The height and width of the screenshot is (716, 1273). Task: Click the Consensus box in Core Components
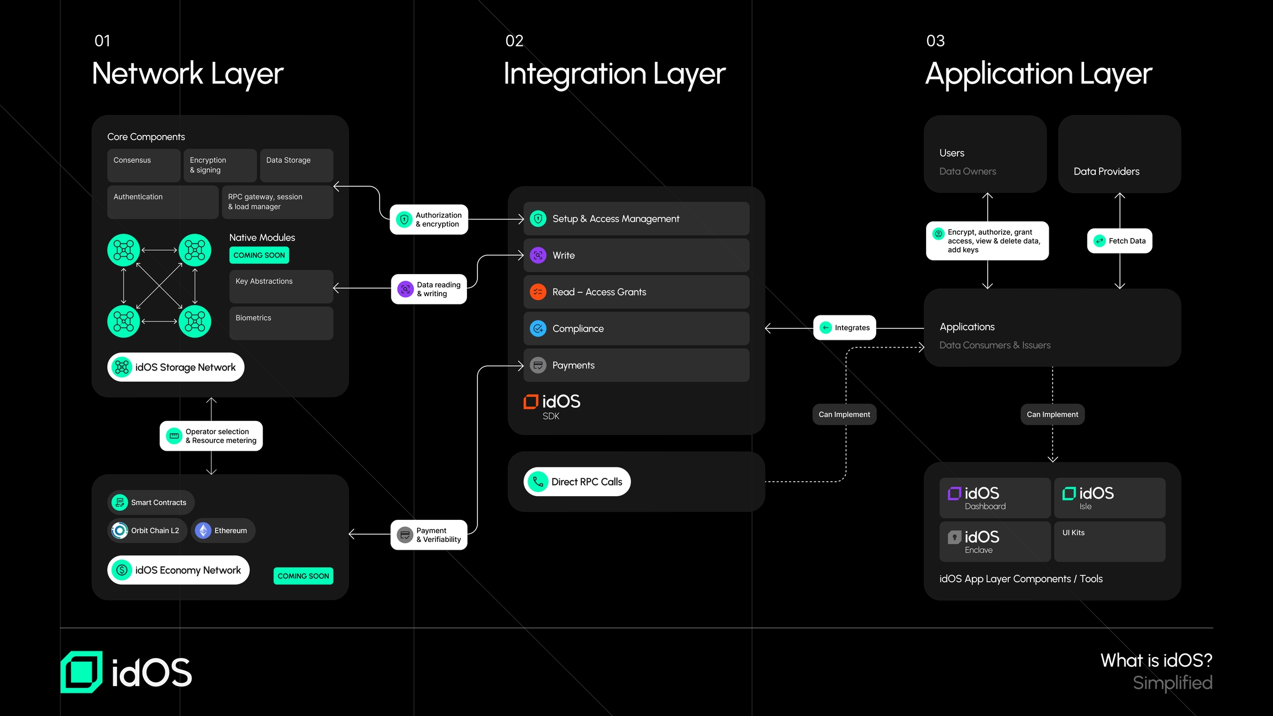(x=144, y=165)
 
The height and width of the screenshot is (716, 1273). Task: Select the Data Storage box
(x=296, y=165)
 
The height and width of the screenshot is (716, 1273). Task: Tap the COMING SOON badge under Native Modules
(x=259, y=255)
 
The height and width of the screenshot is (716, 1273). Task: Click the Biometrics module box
(x=281, y=323)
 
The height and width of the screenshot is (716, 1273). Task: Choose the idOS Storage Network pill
(x=176, y=367)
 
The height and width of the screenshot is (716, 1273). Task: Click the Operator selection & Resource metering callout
(x=211, y=436)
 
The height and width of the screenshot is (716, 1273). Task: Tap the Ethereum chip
(x=223, y=530)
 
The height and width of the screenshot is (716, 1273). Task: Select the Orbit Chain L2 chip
(x=147, y=530)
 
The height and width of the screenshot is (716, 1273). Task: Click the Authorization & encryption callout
(x=429, y=220)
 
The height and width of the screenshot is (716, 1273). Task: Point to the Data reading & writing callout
(x=429, y=289)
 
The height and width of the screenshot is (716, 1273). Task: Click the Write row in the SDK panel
(x=636, y=255)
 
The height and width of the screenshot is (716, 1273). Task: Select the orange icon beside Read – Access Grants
(x=538, y=292)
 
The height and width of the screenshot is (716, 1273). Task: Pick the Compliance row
(x=636, y=329)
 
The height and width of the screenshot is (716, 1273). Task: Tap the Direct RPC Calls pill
(x=577, y=482)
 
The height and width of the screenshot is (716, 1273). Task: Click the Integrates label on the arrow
(x=845, y=328)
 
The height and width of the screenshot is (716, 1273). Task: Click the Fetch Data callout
(x=1119, y=241)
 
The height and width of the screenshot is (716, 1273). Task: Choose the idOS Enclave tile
(x=995, y=541)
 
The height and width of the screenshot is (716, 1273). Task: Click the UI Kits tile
(x=1109, y=541)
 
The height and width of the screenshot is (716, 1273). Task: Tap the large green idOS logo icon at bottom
(x=82, y=672)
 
